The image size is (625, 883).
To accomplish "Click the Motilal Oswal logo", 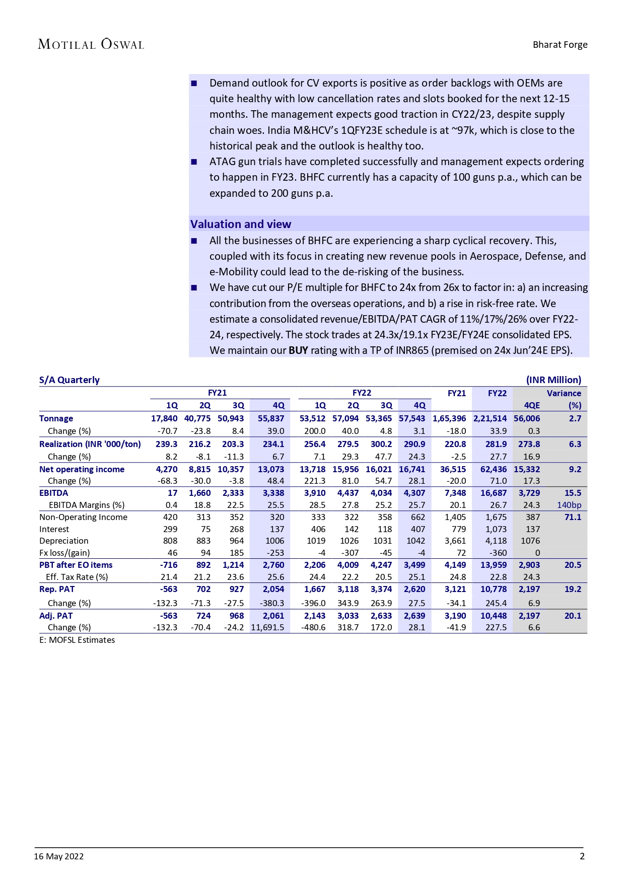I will tap(91, 44).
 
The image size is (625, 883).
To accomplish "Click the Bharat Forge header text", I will tap(560, 44).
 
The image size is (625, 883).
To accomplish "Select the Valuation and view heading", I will tap(241, 224).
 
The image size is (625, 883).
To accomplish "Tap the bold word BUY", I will tap(298, 350).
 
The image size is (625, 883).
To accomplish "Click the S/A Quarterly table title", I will tap(70, 380).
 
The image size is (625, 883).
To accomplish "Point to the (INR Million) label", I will tap(553, 380).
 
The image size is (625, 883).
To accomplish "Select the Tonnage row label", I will tap(56, 418).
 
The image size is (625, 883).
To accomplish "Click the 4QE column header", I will tap(532, 405).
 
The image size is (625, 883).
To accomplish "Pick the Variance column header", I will tap(564, 393).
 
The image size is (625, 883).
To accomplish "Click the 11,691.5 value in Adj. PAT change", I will tap(267, 627).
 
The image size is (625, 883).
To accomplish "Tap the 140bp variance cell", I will tap(569, 505).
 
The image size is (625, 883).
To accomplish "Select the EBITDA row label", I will tap(54, 493).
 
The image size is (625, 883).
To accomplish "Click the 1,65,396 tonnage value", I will tap(449, 418).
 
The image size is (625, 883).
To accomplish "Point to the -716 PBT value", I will tap(169, 565).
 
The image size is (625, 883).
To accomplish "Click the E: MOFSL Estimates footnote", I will tap(77, 640).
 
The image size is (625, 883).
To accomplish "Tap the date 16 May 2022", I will tap(59, 856).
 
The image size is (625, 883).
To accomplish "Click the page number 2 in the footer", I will tap(582, 856).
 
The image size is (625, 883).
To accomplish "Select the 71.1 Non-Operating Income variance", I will tap(573, 517).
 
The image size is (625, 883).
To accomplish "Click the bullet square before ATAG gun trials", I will tap(194, 162).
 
